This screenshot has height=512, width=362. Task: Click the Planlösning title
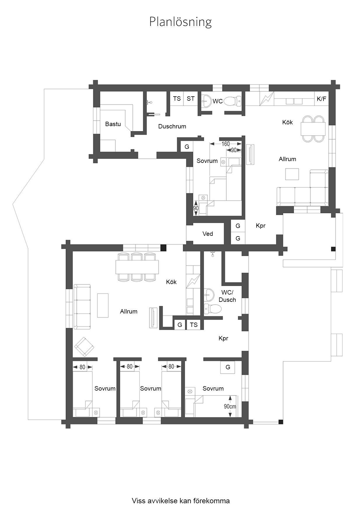[x=180, y=22]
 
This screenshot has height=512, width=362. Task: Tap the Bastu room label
[x=113, y=124]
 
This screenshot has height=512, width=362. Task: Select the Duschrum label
[x=172, y=126]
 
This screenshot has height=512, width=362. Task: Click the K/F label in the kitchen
[x=321, y=99]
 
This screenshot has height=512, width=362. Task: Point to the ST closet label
[x=191, y=99]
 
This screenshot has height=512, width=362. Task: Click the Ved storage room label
[x=208, y=234]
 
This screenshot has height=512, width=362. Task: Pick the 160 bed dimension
[x=226, y=144]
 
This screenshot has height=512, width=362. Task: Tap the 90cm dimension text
[x=230, y=406]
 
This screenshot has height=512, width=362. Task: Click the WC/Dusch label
[x=227, y=296]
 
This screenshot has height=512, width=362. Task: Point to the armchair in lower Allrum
[x=85, y=347]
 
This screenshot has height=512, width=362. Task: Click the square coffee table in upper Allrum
[x=292, y=175]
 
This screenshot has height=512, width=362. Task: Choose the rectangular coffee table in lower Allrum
[x=103, y=305]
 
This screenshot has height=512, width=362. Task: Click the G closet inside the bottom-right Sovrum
[x=228, y=367]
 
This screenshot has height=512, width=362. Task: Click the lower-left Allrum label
[x=128, y=311]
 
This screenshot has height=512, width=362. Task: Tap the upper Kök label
[x=288, y=122]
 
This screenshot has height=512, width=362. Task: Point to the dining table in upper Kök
[x=313, y=129]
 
